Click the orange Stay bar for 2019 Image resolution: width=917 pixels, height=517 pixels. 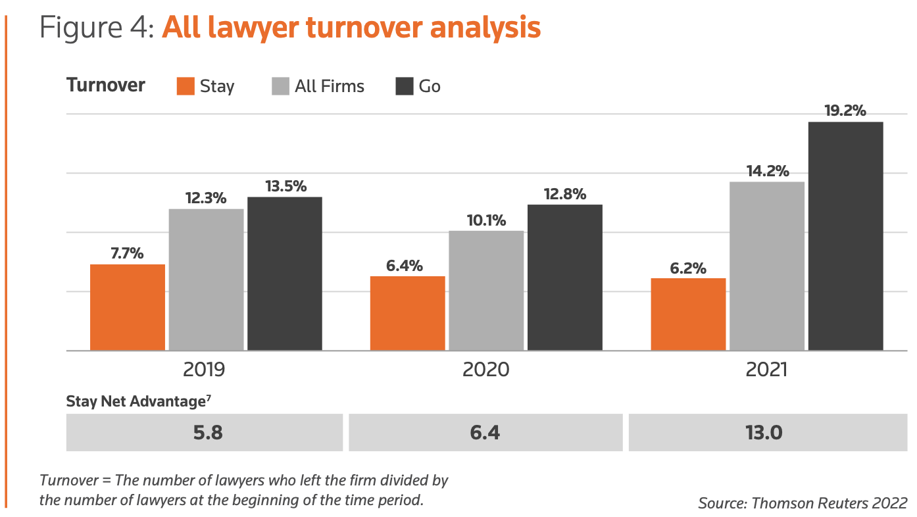[128, 307]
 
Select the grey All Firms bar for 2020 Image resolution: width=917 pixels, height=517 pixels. [486, 290]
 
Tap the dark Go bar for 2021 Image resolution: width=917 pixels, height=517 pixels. [845, 236]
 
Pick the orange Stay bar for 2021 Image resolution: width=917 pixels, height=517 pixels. [688, 314]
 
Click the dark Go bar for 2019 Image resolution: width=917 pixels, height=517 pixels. [285, 274]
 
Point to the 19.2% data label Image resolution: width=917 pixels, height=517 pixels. [845, 111]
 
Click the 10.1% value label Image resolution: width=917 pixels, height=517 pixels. [486, 220]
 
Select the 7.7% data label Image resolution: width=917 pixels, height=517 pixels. [128, 253]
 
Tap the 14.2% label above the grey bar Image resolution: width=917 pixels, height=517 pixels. [767, 171]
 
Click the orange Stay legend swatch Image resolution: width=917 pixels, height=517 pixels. [186, 86]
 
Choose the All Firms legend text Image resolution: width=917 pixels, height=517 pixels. [329, 86]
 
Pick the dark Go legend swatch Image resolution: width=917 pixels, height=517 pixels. [405, 86]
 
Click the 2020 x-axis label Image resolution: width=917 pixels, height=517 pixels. [485, 370]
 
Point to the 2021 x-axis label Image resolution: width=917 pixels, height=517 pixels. [766, 370]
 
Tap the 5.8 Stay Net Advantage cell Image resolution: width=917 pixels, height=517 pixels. [205, 433]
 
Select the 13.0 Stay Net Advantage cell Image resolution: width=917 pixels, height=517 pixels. [766, 433]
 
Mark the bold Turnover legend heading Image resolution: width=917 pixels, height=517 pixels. [106, 85]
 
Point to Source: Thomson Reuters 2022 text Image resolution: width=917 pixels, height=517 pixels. [803, 503]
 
